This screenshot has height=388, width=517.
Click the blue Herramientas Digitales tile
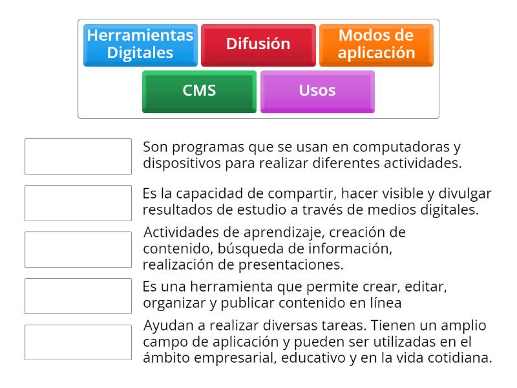coord(140,45)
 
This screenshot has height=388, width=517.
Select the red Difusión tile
coord(258,45)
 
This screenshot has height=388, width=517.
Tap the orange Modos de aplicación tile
coord(376,45)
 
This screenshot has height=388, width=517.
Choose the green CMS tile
coord(199,92)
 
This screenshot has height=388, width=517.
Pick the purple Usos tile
coord(317,92)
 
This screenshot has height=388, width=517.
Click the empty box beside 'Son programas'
coord(78,156)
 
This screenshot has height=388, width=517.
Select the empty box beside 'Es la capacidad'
coord(78,203)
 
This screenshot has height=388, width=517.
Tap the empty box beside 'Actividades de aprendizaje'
coord(78,250)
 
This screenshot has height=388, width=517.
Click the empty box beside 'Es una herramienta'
coord(78,296)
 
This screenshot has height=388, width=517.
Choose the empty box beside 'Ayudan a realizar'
coord(78,343)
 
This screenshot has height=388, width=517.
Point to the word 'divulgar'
coord(465,193)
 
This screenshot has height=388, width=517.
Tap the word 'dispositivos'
coord(182,164)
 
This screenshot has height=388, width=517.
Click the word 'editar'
coord(426,286)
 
